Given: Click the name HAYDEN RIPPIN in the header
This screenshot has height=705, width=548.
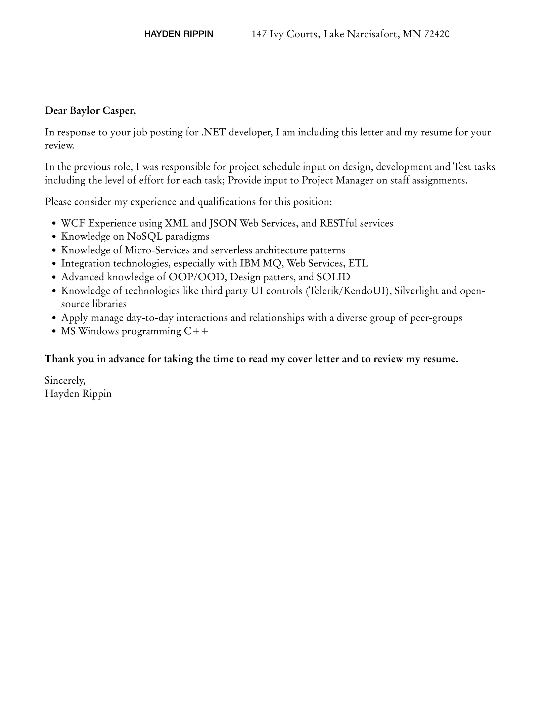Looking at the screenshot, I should tap(178, 34).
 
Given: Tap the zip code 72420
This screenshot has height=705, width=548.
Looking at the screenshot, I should tap(437, 34).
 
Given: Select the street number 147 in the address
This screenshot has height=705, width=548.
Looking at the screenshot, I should tap(259, 34).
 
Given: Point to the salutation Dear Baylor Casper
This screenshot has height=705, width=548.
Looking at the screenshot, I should tap(90, 111).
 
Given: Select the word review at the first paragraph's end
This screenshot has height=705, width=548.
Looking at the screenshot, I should tap(59, 146).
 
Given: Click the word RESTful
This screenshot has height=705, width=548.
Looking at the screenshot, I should tap(338, 223).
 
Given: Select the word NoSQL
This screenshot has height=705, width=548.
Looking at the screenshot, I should tap(144, 237).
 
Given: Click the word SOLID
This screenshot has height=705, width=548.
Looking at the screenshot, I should tap(333, 277).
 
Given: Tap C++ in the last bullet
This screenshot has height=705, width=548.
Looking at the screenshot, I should tap(196, 331).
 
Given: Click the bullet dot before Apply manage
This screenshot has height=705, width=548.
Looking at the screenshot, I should tap(54, 318).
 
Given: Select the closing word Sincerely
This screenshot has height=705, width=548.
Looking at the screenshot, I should tap(65, 380).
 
